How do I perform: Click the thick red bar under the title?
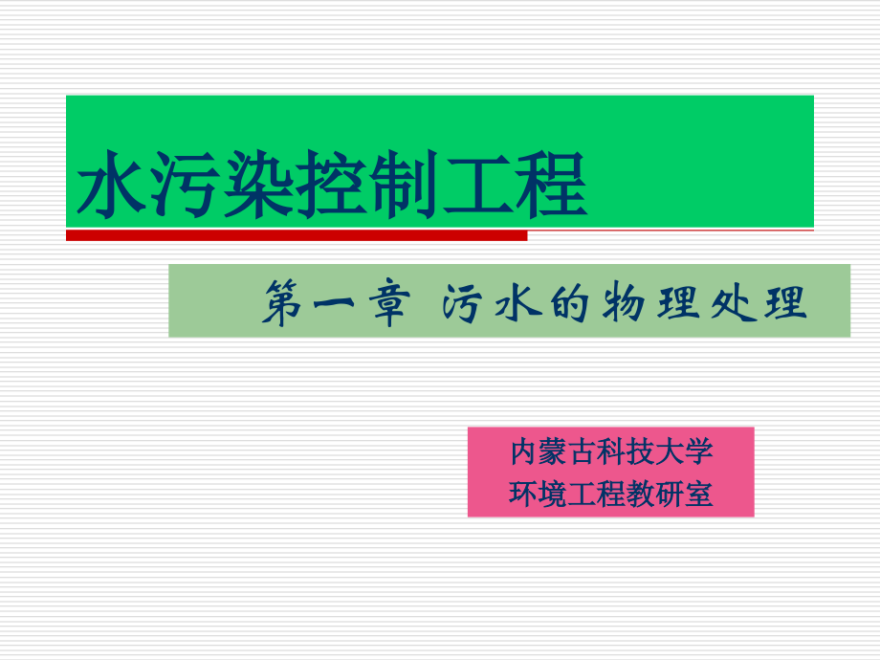tap(297, 234)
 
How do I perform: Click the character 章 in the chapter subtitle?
tap(386, 305)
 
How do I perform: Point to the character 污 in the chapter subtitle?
tap(467, 305)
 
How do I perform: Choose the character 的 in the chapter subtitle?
tap(572, 305)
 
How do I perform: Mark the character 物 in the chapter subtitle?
tap(626, 305)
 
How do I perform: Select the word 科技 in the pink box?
tap(626, 450)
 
